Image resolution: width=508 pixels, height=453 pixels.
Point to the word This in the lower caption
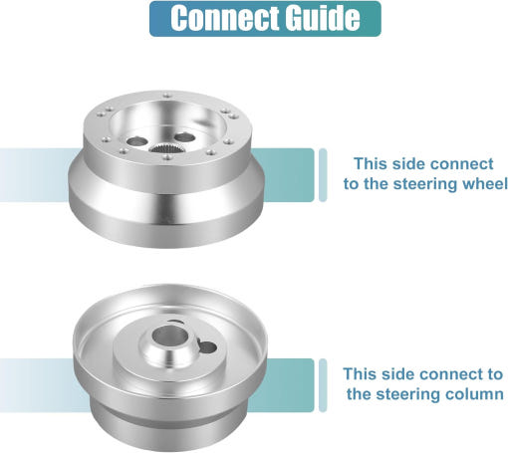click(360, 374)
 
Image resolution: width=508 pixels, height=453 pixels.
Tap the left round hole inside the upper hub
click(137, 141)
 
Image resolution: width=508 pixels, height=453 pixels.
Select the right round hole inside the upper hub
click(185, 136)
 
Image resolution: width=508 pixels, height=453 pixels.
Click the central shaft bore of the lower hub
click(169, 335)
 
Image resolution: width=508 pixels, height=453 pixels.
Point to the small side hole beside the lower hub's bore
click(208, 347)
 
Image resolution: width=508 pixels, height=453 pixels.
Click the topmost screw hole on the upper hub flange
click(166, 96)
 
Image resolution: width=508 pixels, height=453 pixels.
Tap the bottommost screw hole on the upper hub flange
click(168, 156)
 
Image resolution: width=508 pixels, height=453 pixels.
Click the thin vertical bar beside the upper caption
click(323, 175)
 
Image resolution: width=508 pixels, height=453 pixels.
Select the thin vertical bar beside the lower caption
click(323, 385)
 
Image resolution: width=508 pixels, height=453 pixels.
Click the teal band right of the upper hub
click(287, 175)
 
